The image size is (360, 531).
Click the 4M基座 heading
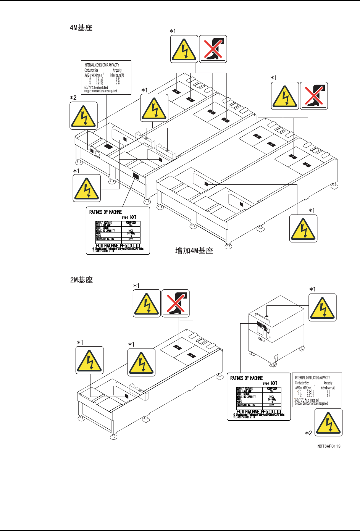click(x=81, y=28)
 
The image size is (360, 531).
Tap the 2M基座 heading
click(x=81, y=280)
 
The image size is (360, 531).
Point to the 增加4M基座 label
click(x=194, y=250)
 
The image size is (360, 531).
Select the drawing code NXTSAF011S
click(x=329, y=446)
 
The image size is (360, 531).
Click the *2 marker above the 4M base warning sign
click(x=73, y=98)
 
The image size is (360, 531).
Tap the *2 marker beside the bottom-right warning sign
click(x=308, y=433)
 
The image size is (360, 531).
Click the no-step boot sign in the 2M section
click(x=176, y=303)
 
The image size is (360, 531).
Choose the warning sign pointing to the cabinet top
click(x=323, y=308)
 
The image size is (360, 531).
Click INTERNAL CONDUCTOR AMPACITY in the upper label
click(x=102, y=65)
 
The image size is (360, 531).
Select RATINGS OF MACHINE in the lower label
click(x=246, y=378)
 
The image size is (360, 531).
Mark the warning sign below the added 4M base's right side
click(x=303, y=228)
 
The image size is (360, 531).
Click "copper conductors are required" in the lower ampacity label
click(x=311, y=403)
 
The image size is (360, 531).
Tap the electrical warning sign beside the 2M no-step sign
click(x=147, y=303)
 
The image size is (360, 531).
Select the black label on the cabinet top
click(x=267, y=316)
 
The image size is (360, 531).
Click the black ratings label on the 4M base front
click(x=136, y=176)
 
